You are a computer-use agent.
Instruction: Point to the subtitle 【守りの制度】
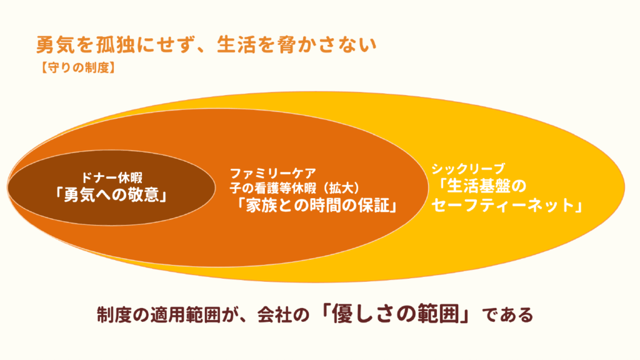click(77, 67)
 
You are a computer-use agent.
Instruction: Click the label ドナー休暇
click(111, 178)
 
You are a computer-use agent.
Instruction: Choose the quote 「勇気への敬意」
click(111, 195)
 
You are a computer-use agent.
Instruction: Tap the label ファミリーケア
click(272, 174)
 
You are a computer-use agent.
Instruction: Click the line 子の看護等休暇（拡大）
click(295, 188)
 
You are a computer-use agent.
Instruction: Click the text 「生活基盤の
click(482, 186)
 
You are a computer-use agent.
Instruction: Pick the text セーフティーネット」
click(507, 205)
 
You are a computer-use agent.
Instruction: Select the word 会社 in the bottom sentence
click(274, 315)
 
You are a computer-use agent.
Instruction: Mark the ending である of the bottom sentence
click(507, 315)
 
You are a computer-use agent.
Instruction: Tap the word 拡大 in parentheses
click(338, 188)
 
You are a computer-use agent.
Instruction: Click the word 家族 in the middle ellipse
click(261, 205)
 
